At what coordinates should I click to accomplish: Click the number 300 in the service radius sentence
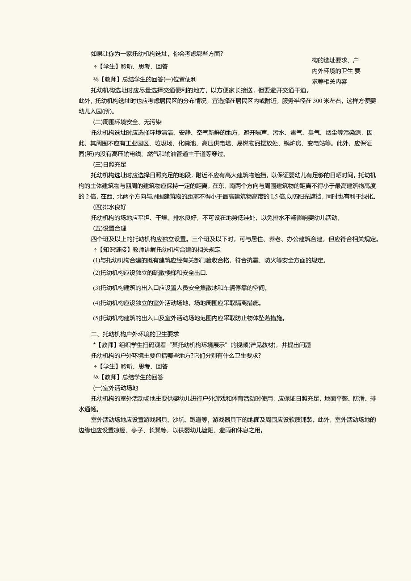coord(318,101)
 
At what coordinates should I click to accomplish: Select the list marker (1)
coord(96,260)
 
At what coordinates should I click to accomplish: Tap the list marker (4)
coord(96,303)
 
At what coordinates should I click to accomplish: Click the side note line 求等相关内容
coord(329,81)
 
